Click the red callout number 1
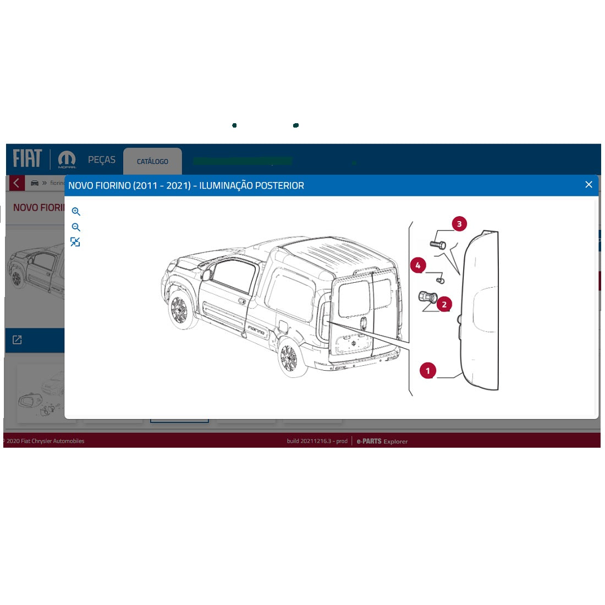pyautogui.click(x=428, y=371)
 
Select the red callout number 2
pyautogui.click(x=444, y=304)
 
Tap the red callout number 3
pyautogui.click(x=459, y=224)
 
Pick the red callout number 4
pyautogui.click(x=418, y=266)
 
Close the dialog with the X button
pyautogui.click(x=588, y=185)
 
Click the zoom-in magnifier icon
pyautogui.click(x=76, y=212)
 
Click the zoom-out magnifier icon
pyautogui.click(x=76, y=227)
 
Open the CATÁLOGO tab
pyautogui.click(x=152, y=161)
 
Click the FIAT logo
pyautogui.click(x=28, y=158)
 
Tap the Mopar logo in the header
pyautogui.click(x=67, y=159)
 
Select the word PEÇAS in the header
pyautogui.click(x=102, y=159)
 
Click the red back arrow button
pyautogui.click(x=17, y=183)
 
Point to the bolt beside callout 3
pyautogui.click(x=438, y=244)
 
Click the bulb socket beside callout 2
pyautogui.click(x=427, y=297)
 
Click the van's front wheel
pyautogui.click(x=179, y=311)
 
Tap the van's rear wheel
pyautogui.click(x=288, y=358)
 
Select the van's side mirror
pyautogui.click(x=206, y=273)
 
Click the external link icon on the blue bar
pyautogui.click(x=17, y=340)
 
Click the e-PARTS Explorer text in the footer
pyautogui.click(x=382, y=441)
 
